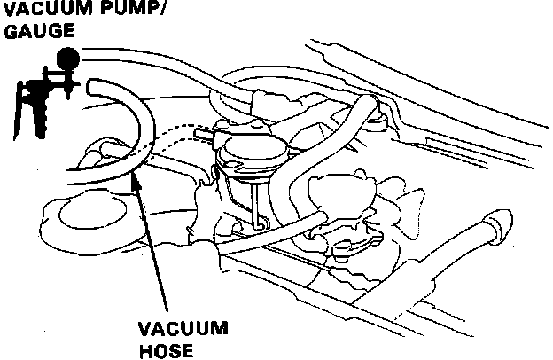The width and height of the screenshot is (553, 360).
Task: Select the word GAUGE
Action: point(27,32)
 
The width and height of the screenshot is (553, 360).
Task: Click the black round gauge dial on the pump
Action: point(66,59)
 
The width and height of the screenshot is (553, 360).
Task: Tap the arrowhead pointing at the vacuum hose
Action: point(135,179)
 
